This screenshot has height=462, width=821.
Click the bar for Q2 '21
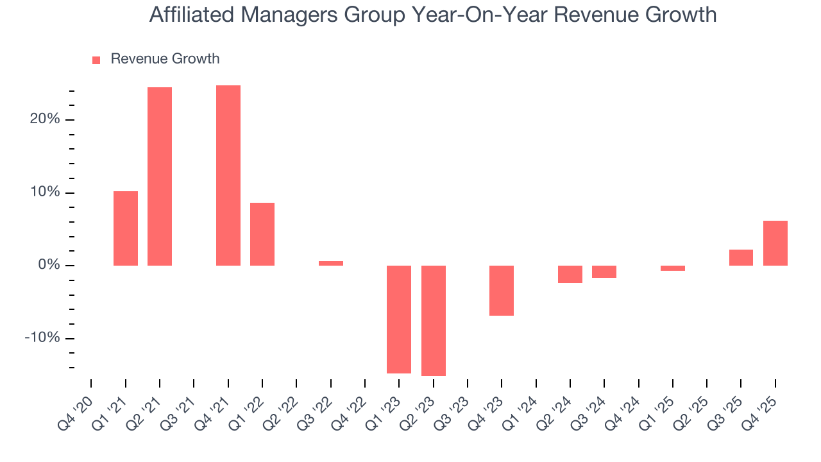(x=160, y=176)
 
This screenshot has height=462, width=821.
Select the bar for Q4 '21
(x=228, y=175)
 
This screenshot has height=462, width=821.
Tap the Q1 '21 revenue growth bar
(x=126, y=228)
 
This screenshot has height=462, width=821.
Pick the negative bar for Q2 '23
(x=434, y=320)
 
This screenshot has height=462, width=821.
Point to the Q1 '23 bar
(x=399, y=319)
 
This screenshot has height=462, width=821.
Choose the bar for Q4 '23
(x=502, y=290)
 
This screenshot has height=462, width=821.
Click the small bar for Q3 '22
(x=331, y=263)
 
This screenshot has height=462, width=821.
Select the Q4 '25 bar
(x=775, y=243)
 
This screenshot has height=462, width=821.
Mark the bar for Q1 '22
(x=262, y=234)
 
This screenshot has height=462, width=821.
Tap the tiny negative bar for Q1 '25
(x=673, y=268)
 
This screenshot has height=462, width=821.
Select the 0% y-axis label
(x=49, y=265)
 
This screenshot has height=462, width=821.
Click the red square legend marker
(x=96, y=60)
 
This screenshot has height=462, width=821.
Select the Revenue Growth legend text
(x=165, y=59)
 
